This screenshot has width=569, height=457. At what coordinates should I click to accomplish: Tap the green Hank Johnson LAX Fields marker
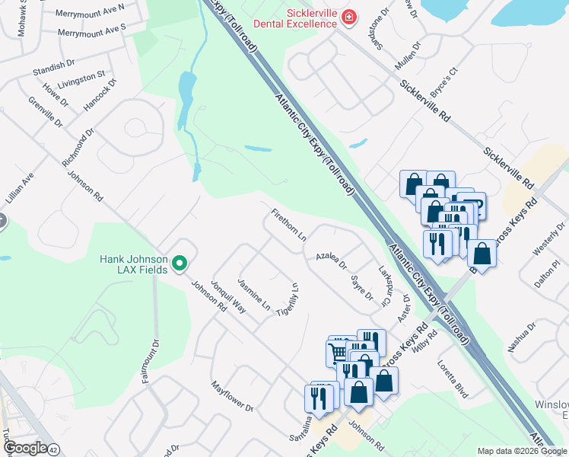tap(180, 264)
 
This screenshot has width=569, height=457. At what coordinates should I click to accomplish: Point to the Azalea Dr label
tap(332, 260)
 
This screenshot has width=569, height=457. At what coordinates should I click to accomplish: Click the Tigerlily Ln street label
tap(286, 299)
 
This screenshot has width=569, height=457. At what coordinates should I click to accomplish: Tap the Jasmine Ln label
tap(254, 294)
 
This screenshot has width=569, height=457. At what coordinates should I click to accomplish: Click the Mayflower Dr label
tap(232, 396)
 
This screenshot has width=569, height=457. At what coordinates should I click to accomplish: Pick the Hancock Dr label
tap(100, 94)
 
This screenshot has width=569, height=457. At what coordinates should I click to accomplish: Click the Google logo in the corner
tap(24, 448)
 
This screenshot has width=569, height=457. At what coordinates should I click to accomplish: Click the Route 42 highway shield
tap(53, 449)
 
